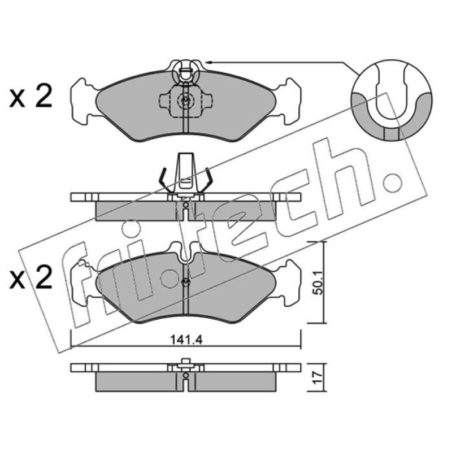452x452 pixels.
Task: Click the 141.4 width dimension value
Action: point(186,340)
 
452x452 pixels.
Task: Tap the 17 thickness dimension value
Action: point(318,377)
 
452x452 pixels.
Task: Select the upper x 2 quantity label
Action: point(31,96)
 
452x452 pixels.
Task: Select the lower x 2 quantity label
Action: point(31,277)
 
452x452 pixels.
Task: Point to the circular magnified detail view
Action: point(392,100)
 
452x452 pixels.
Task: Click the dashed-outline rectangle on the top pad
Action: point(186,102)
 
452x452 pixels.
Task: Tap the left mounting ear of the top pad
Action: point(84,101)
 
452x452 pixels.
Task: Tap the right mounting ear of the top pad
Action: point(288,101)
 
